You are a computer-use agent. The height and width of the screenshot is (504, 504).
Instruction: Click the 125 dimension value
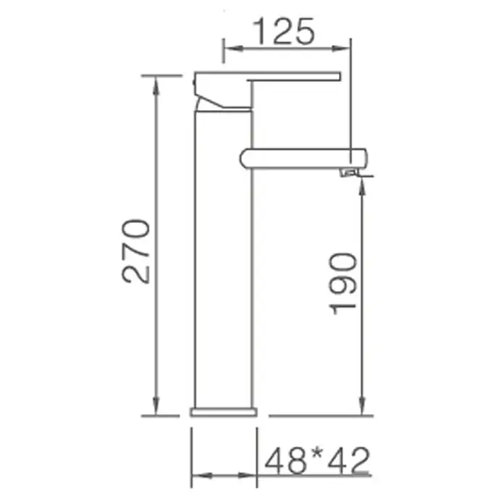284,31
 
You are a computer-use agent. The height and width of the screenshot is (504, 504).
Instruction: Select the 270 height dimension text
136,251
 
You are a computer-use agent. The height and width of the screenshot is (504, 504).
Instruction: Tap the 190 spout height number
343,284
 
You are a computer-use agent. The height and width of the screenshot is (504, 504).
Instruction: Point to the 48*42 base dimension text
317,461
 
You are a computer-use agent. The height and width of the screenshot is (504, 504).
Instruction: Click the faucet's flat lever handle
294,76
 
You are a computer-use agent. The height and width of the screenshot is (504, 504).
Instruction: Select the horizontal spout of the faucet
303,158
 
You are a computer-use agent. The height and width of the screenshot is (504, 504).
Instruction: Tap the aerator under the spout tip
349,173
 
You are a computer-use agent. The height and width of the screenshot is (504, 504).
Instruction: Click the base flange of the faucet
224,412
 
